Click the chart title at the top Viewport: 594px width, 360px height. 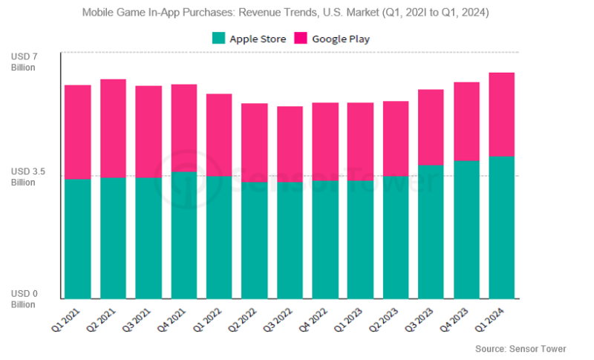tap(296, 13)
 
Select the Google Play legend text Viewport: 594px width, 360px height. tap(341, 39)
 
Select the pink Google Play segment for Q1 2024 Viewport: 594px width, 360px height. tap(501, 114)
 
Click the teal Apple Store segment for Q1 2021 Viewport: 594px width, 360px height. tap(77, 238)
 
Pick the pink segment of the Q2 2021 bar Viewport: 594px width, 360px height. tap(113, 128)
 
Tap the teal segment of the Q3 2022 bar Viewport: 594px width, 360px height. tap(290, 240)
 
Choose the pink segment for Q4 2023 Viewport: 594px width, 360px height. tap(466, 121)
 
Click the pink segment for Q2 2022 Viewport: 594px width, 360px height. tap(254, 143)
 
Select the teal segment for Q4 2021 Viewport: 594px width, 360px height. tap(183, 235)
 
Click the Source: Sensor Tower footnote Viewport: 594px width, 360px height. tap(520, 348)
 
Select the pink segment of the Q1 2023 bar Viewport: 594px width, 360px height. tap(360, 141)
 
